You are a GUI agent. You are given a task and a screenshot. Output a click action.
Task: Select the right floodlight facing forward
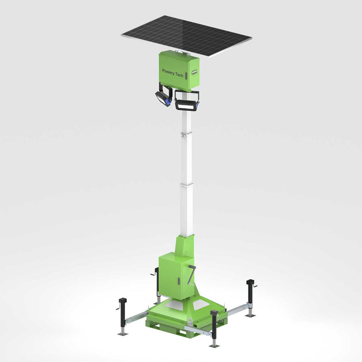187,102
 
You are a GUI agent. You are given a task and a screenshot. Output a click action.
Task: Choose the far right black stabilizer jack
250,294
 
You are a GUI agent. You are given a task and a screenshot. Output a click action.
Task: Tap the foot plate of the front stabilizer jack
214,346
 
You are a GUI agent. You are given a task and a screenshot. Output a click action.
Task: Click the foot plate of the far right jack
250,315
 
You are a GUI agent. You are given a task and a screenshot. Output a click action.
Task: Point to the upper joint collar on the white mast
183,134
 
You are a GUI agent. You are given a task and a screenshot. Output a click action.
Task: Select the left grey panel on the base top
174,306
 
